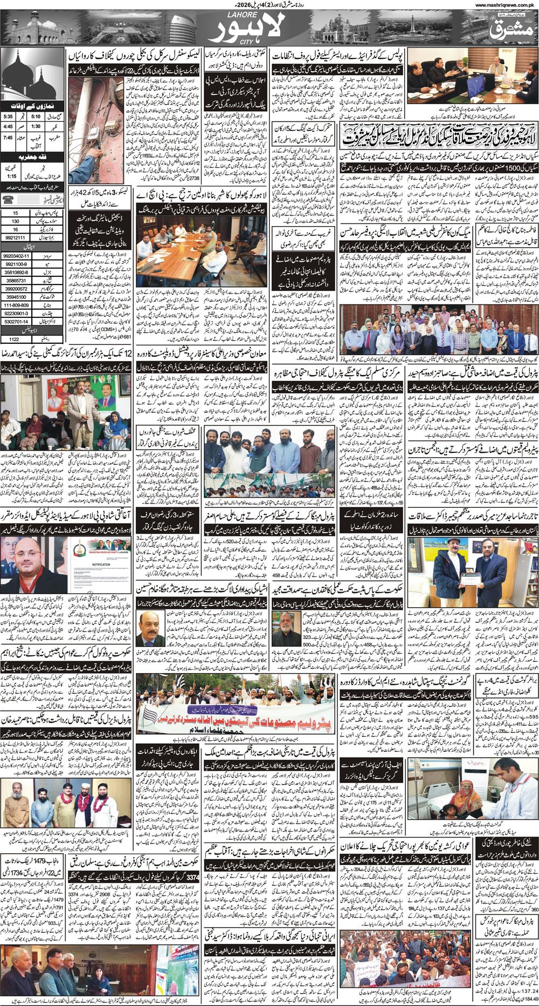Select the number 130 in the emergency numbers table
[x=16, y=221]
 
